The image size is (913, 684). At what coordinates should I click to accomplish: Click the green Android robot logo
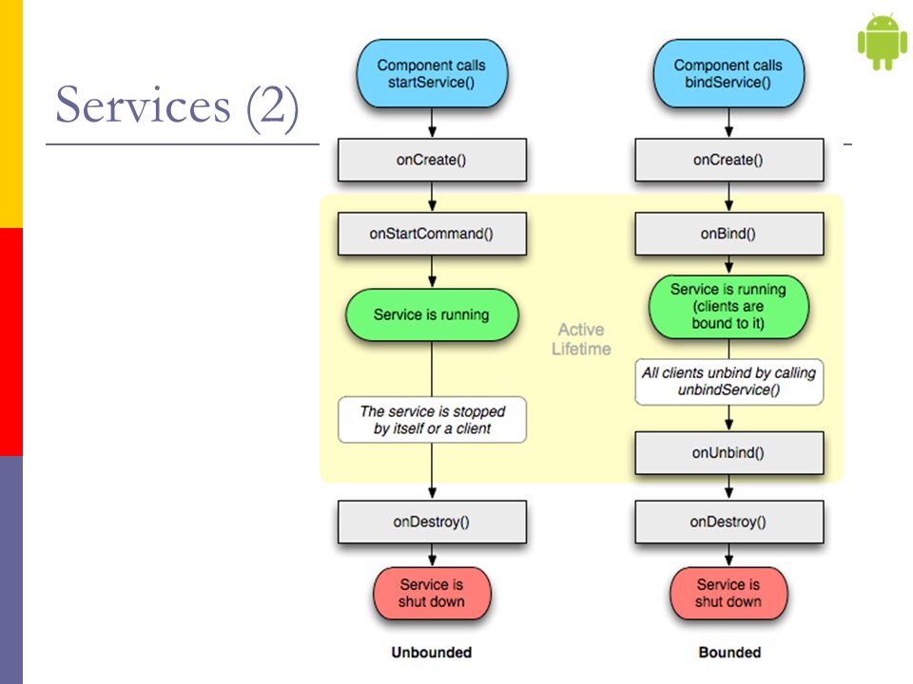883,42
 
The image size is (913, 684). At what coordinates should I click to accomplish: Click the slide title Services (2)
177,105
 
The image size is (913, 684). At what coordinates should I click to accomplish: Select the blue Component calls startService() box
432,74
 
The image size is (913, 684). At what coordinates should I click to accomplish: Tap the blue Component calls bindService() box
728,74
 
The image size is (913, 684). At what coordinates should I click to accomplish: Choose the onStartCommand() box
432,234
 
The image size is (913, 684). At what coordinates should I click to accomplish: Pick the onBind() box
729,234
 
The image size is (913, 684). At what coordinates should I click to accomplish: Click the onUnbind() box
729,453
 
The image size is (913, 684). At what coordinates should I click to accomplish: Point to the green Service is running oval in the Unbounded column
432,314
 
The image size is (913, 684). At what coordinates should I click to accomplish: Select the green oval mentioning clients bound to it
728,307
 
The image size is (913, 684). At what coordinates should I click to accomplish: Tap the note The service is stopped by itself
432,420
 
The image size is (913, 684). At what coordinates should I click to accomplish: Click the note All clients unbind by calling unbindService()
729,382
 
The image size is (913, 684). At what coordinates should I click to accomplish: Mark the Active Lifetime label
581,339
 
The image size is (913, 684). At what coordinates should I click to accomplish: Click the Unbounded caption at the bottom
432,653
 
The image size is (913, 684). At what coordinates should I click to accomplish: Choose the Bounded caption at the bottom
729,653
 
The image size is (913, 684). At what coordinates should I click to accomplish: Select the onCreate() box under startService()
432,160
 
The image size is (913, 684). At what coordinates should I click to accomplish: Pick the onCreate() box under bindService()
729,160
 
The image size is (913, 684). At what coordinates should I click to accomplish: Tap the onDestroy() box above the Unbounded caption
432,522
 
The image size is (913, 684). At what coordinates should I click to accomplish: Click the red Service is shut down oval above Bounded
728,593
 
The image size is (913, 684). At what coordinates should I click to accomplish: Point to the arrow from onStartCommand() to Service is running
432,272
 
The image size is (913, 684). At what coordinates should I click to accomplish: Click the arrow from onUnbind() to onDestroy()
729,487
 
